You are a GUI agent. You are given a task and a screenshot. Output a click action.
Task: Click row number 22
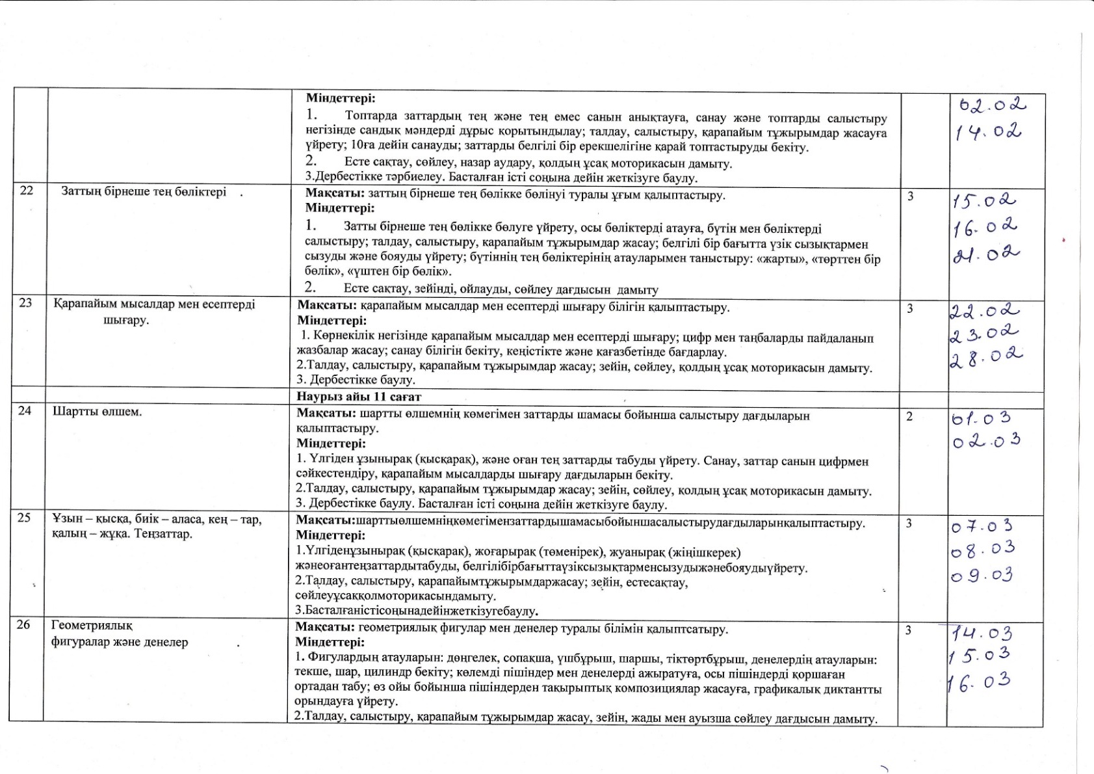(27, 191)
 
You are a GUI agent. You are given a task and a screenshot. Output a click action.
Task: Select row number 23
(26, 303)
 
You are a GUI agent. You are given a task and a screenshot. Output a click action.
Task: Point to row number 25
(25, 519)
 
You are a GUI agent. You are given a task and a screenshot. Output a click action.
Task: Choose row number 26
(24, 625)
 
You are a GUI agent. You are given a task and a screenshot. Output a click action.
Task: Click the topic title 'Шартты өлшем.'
(97, 412)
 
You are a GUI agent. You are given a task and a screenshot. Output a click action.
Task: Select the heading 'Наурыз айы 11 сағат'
(359, 396)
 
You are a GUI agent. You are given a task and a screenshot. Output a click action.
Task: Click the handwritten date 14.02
(988, 133)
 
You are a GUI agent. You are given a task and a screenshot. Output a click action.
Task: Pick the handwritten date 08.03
(982, 550)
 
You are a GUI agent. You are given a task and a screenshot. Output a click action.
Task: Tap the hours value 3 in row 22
(910, 196)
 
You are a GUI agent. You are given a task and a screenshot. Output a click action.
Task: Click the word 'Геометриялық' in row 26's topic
(92, 626)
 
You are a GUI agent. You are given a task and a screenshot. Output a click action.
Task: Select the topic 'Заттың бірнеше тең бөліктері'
(144, 192)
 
